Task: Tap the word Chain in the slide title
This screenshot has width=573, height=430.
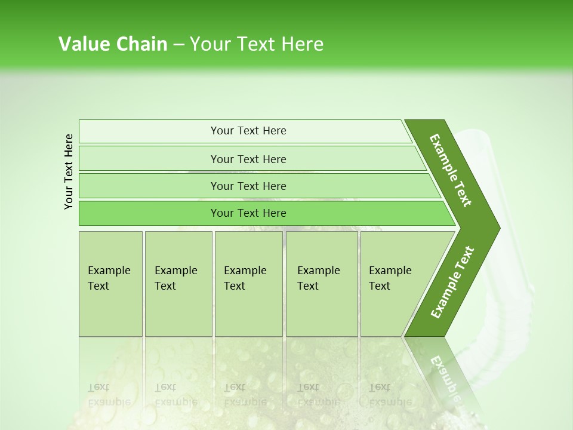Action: click(141, 44)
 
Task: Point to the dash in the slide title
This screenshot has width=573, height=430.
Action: click(178, 45)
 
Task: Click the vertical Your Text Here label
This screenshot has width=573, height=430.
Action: click(69, 171)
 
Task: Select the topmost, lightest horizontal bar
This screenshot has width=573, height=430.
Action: click(248, 131)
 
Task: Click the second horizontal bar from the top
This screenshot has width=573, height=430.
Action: click(248, 159)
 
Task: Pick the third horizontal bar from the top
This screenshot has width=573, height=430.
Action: click(248, 186)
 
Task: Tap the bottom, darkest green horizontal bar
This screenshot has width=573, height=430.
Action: click(248, 213)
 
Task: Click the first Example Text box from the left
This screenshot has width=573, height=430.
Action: click(110, 284)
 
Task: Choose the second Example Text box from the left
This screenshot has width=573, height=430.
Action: click(178, 284)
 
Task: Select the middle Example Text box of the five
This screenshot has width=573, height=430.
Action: click(248, 284)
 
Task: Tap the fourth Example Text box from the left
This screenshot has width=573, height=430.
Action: click(321, 284)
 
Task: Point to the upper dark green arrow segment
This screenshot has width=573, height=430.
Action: click(451, 170)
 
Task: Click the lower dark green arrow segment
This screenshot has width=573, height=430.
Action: click(452, 282)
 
